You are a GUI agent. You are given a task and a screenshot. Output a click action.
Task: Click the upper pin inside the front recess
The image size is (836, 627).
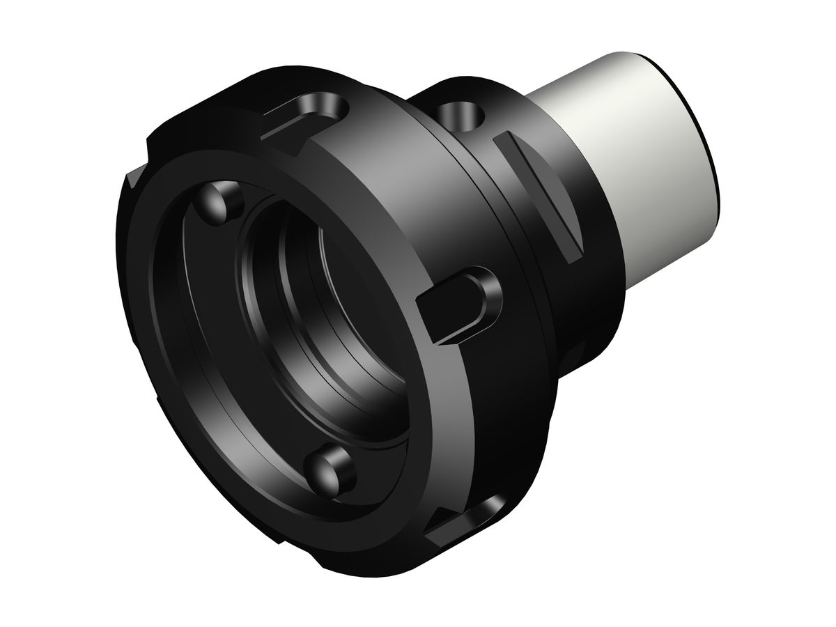pos(218,203)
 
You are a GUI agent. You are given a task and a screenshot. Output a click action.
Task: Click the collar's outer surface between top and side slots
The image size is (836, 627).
pos(390,195)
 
